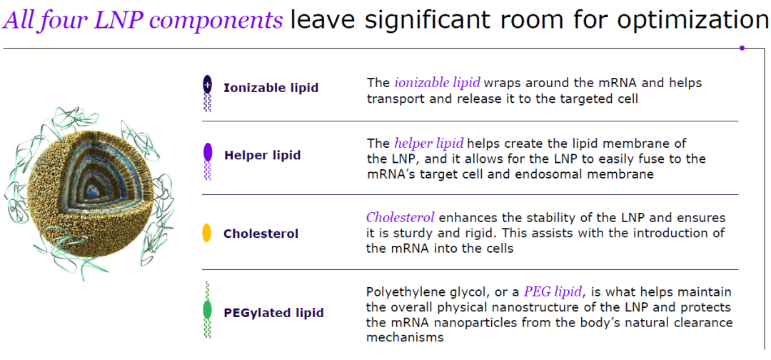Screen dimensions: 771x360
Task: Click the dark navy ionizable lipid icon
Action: (x=207, y=93)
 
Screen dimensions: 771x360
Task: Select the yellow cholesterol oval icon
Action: (x=207, y=233)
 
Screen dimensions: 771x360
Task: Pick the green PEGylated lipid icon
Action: (x=207, y=310)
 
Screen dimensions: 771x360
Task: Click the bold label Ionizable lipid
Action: (x=271, y=88)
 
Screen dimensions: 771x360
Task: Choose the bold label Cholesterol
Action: (x=261, y=234)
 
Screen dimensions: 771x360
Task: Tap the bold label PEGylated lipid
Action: (x=273, y=313)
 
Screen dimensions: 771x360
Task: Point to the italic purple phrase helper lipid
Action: (x=429, y=144)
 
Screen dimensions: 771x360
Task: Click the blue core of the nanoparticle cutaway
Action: (x=91, y=189)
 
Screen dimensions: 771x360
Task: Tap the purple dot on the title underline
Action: (x=742, y=48)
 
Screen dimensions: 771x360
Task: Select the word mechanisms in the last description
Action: (x=405, y=338)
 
